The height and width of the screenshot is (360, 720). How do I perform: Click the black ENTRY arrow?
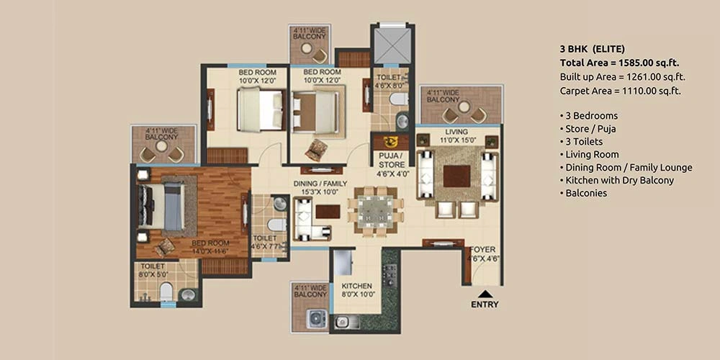coord(484,294)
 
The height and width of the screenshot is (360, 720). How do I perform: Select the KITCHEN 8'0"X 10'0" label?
coord(356,289)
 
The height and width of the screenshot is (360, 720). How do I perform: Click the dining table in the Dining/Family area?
coord(376,211)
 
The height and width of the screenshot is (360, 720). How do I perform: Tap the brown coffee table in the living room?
coord(457,176)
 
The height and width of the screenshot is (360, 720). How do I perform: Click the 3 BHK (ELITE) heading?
coord(593,49)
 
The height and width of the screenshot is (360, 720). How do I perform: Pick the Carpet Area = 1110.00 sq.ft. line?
coord(621,91)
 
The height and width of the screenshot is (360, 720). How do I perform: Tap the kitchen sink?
coord(341,322)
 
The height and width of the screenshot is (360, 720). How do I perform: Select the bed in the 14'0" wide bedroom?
coord(161,206)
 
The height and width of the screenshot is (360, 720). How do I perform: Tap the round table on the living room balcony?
coord(464,107)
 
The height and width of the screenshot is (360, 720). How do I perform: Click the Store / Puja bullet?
coord(588,129)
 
